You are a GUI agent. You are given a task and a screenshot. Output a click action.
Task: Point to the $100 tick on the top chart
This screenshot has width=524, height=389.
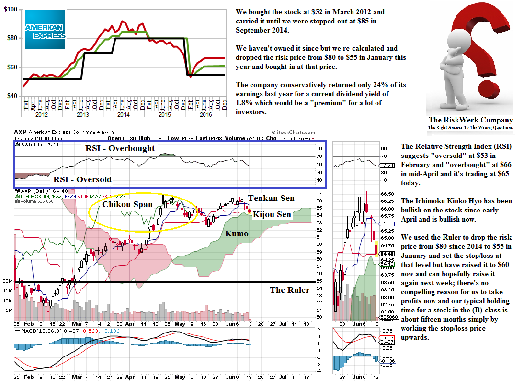coord(11,9)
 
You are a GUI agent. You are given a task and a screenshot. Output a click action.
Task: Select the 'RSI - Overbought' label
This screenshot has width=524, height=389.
coord(120,148)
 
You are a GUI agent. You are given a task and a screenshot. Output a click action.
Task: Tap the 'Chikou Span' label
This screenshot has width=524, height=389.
coord(127,204)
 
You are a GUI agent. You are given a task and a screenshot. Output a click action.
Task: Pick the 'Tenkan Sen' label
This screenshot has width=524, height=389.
coord(271,198)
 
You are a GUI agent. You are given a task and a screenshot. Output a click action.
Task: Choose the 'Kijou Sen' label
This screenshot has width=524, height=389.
coord(272,214)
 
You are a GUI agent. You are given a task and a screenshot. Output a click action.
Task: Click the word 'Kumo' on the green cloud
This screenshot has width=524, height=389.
coord(237,233)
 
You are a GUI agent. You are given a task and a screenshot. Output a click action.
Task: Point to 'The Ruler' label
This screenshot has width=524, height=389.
coord(289,290)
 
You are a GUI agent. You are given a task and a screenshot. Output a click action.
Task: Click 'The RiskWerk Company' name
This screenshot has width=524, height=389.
coord(470,120)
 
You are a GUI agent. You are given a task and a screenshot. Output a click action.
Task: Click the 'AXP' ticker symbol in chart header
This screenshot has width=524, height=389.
coord(20,132)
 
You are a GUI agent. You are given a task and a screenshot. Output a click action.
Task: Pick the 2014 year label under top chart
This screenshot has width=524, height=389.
coord(124,115)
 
